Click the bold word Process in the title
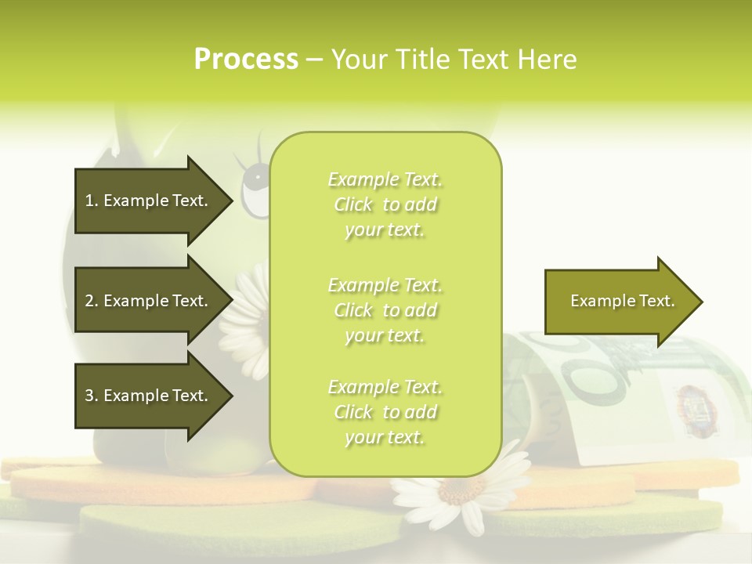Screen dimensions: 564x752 pos(246,60)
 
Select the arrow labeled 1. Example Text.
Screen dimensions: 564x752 pos(154,201)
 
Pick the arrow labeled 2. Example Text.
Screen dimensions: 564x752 pos(154,301)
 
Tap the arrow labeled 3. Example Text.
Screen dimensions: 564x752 pos(154,396)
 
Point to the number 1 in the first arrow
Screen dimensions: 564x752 pos(89,201)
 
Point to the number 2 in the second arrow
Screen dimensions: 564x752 pos(89,301)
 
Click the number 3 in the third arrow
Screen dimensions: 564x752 pos(89,396)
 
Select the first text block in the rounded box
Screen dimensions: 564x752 pos(385,204)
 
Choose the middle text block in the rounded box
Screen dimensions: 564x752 pos(385,310)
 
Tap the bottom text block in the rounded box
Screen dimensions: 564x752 pos(385,412)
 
